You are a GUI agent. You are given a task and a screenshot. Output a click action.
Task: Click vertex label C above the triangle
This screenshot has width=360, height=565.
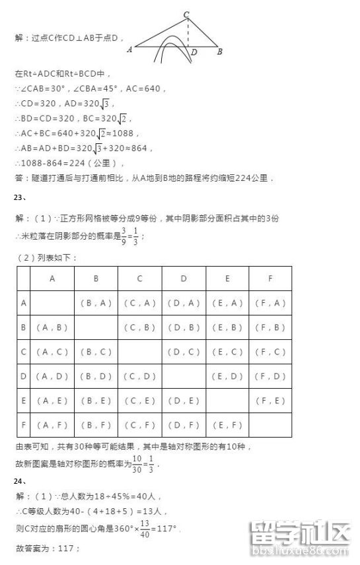pyautogui.click(x=186, y=14)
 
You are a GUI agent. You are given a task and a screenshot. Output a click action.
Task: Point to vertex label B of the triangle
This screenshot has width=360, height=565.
pyautogui.click(x=219, y=51)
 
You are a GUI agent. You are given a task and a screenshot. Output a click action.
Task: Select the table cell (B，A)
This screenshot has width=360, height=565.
pyautogui.click(x=96, y=304)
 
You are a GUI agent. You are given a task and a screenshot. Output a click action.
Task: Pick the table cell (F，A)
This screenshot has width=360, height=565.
pyautogui.click(x=270, y=304)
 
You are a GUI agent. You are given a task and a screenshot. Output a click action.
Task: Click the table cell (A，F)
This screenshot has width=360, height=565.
pyautogui.click(x=52, y=425)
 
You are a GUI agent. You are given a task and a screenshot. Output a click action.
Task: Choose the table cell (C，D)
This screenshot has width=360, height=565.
pyautogui.click(x=139, y=376)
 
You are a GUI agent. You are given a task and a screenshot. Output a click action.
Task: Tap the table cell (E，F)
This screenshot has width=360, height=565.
pyautogui.click(x=227, y=425)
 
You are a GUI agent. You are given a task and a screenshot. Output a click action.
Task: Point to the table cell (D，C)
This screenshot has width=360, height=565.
pyautogui.click(x=183, y=352)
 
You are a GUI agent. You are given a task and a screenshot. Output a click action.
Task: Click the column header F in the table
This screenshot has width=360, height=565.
pyautogui.click(x=270, y=279)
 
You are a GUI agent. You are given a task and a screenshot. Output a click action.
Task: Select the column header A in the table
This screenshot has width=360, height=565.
pyautogui.click(x=52, y=279)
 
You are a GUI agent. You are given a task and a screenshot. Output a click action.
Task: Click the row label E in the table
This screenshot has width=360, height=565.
pyautogui.click(x=24, y=401)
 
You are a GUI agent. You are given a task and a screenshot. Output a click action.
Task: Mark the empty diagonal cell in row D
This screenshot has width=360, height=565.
pyautogui.click(x=183, y=376)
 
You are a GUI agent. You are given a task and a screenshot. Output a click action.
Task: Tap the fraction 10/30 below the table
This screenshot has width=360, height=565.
pyautogui.click(x=137, y=463)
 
